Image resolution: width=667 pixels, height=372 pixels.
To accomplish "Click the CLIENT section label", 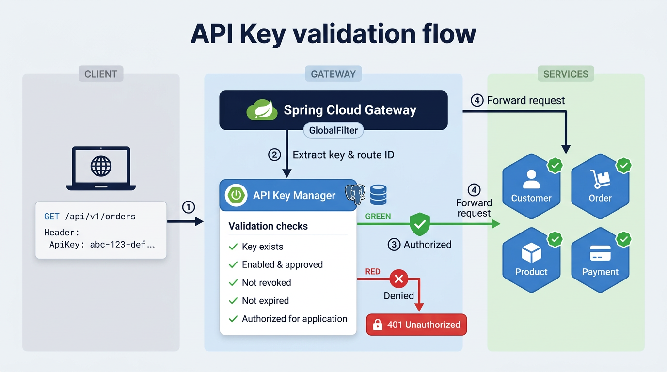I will [101, 74].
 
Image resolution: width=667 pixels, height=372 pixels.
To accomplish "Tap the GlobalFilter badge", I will [333, 131].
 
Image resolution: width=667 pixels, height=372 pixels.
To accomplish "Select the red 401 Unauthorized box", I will [416, 325].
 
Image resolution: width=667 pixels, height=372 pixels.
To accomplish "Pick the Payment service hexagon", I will [600, 260].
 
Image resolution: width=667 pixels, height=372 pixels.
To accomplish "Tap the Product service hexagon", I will [531, 260].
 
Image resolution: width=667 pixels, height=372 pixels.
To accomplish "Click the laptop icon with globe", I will [101, 168].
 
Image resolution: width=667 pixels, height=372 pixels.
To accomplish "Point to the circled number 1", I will [188, 207].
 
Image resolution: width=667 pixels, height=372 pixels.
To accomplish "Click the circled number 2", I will [274, 155].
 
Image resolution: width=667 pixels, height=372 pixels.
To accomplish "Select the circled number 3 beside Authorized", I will [394, 245].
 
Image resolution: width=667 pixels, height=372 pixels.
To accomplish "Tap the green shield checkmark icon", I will [420, 224].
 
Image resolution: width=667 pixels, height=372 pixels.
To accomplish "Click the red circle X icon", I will [399, 279].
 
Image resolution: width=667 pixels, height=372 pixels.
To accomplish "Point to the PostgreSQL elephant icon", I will [355, 195].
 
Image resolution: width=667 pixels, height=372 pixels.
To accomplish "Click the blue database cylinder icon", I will [378, 195].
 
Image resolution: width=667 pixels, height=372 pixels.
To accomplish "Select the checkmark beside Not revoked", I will [233, 283].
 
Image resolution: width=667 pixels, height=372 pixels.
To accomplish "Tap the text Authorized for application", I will [294, 319].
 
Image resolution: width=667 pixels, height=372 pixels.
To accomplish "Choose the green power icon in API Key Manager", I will [236, 195].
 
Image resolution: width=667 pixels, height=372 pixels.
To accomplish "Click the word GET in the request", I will [51, 217].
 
